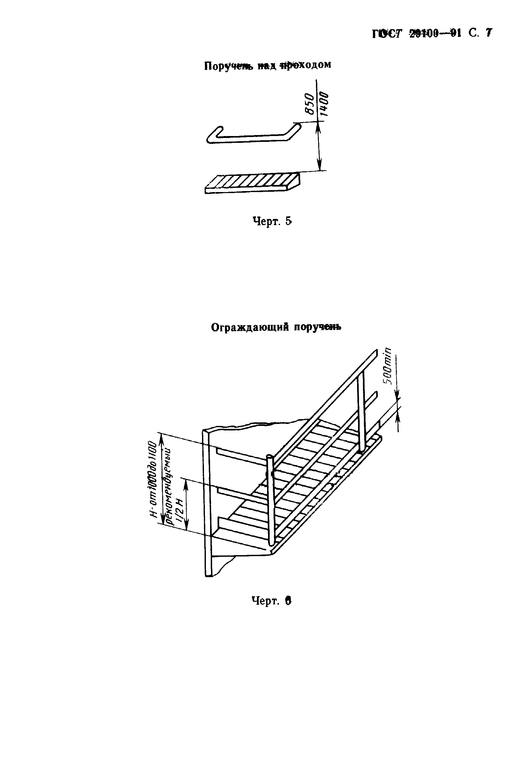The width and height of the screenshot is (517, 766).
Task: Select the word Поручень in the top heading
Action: [x=229, y=66]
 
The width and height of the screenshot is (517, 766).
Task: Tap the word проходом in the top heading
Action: [x=305, y=64]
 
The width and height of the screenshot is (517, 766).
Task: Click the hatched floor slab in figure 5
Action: [x=253, y=183]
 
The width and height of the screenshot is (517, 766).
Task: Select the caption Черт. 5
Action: [x=272, y=221]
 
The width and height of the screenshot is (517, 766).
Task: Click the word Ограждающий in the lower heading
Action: [x=250, y=327]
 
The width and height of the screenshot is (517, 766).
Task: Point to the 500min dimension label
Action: [x=388, y=366]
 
